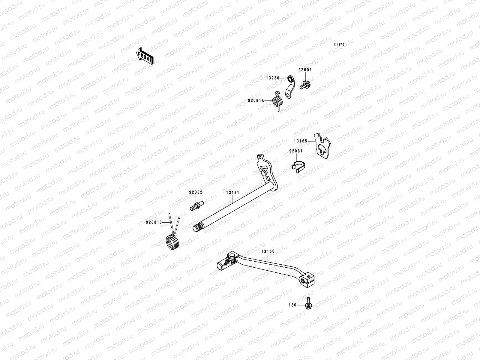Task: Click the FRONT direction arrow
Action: click(145, 55)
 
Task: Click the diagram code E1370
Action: click(340, 44)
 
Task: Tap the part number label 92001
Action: click(305, 70)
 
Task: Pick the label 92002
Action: click(196, 192)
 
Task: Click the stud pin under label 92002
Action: click(196, 207)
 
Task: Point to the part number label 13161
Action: click(233, 192)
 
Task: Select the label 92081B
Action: click(154, 222)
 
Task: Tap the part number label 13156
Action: click(268, 251)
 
